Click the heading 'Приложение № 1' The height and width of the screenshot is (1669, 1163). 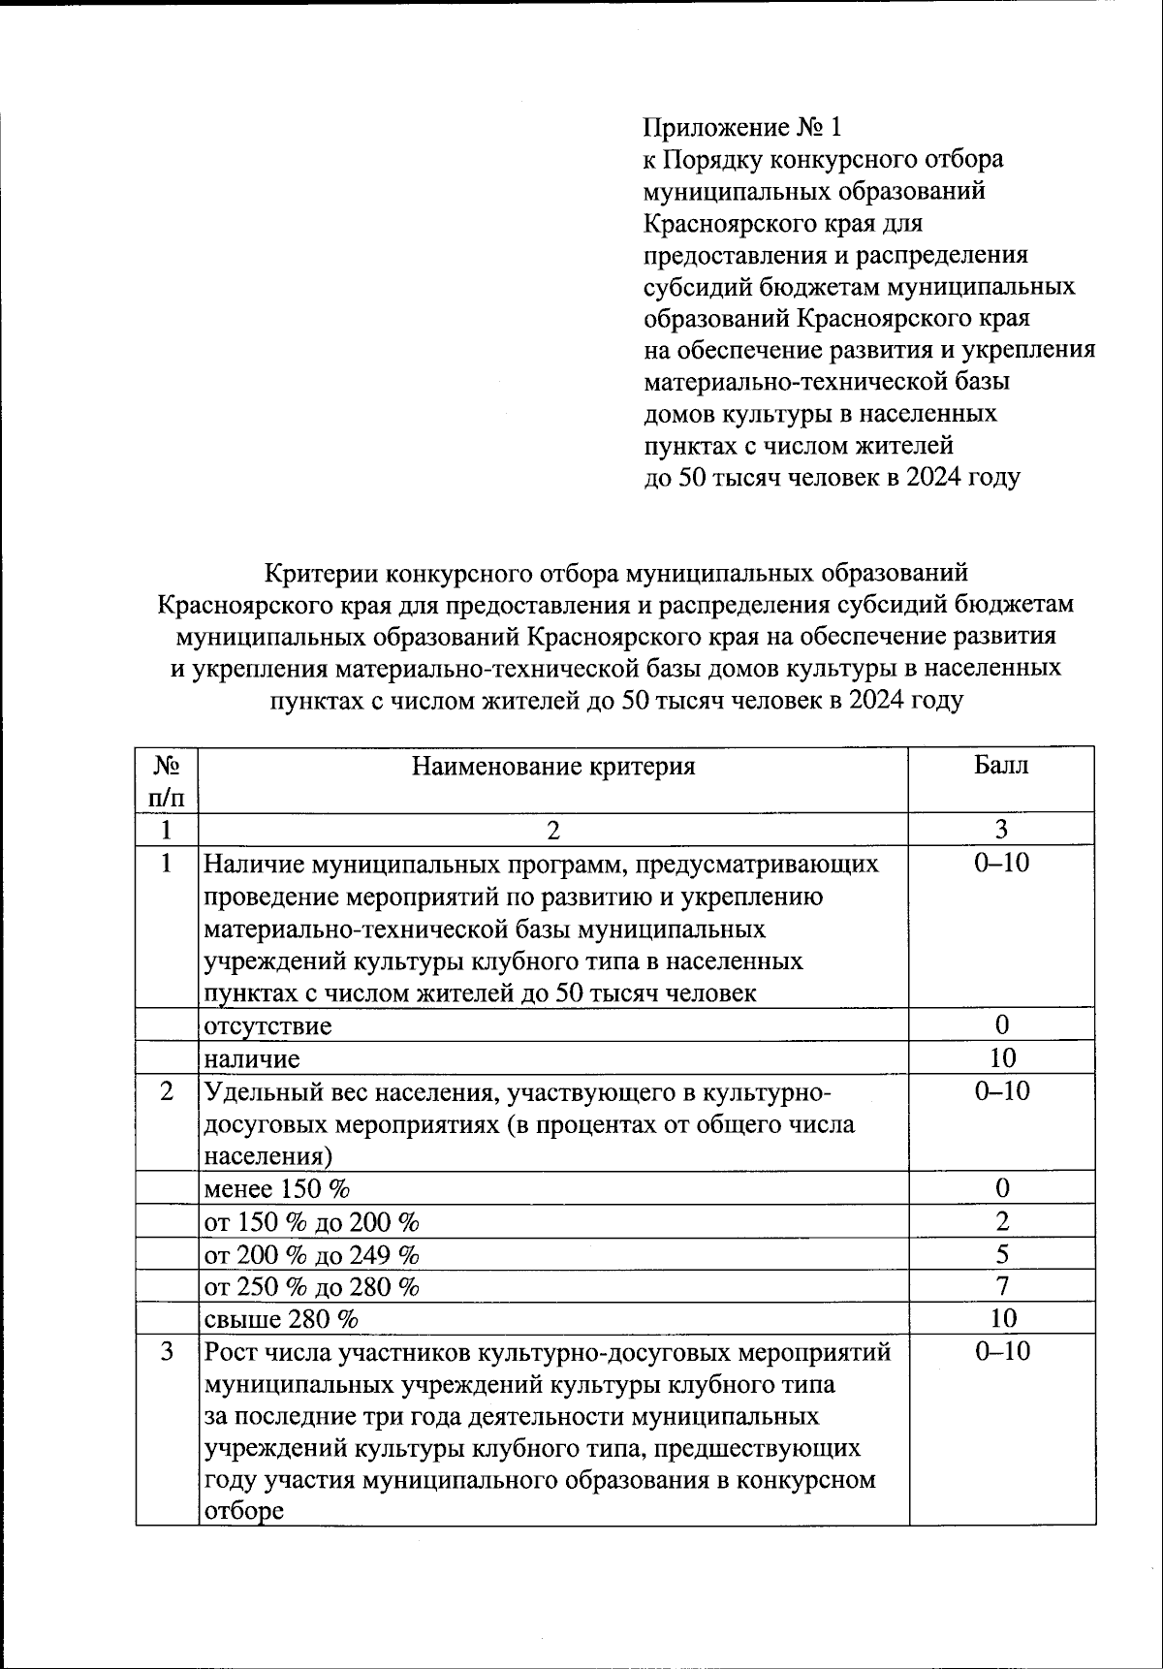[x=742, y=127]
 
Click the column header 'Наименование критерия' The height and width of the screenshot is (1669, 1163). [x=553, y=767]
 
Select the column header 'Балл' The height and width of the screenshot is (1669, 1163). [x=1001, y=766]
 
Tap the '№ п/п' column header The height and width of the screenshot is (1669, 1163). [x=167, y=781]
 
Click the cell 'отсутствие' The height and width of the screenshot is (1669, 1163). [x=267, y=1025]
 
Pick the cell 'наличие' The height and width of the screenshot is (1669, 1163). [x=252, y=1058]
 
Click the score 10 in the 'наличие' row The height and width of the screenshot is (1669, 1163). [x=1002, y=1057]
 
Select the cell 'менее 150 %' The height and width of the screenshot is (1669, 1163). [x=276, y=1188]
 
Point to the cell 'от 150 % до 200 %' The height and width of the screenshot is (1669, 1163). [x=311, y=1221]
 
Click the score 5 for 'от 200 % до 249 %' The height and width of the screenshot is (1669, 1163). [x=1002, y=1254]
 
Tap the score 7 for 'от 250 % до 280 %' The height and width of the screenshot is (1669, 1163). [x=1002, y=1286]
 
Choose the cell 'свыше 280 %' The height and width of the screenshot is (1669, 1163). [x=281, y=1319]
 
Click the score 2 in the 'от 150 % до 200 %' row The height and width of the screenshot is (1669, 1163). [x=1002, y=1221]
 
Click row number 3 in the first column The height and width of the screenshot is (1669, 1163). [x=167, y=1351]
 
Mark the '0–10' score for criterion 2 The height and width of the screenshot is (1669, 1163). [x=1002, y=1091]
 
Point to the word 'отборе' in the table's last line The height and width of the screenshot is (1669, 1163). [x=243, y=1511]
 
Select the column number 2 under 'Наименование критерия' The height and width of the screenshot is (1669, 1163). [x=553, y=830]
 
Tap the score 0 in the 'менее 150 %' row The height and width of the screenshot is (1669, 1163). [x=1002, y=1188]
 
